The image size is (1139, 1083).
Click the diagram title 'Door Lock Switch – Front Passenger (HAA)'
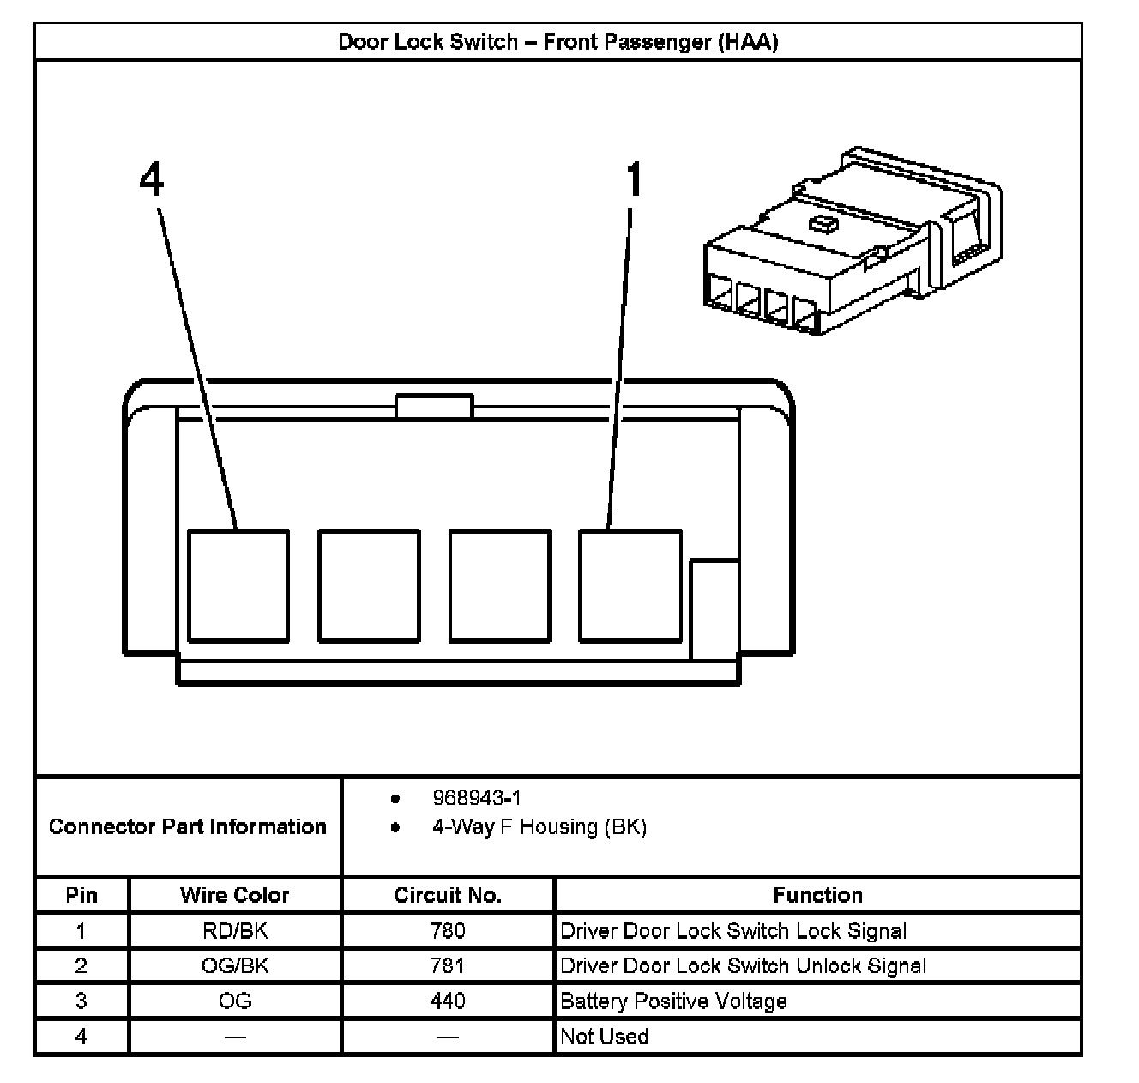pyautogui.click(x=557, y=42)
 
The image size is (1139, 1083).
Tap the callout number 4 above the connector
pyautogui.click(x=152, y=181)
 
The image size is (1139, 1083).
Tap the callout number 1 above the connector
pyautogui.click(x=634, y=181)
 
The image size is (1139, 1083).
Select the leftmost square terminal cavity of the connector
pyautogui.click(x=238, y=585)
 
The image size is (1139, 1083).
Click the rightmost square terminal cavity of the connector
pyautogui.click(x=630, y=585)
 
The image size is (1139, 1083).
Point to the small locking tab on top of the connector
pyautogui.click(x=434, y=406)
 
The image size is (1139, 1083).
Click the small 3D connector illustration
pyautogui.click(x=851, y=245)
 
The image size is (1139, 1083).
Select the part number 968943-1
pyautogui.click(x=476, y=798)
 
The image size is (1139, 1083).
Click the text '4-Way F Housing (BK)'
pyautogui.click(x=539, y=827)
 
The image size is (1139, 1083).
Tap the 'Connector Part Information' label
pyautogui.click(x=188, y=826)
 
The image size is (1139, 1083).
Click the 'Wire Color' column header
pyautogui.click(x=235, y=895)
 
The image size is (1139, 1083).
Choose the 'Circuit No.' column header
pyautogui.click(x=448, y=895)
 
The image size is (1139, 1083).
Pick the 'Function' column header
pyautogui.click(x=817, y=895)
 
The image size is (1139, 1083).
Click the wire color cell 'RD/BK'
pyautogui.click(x=235, y=930)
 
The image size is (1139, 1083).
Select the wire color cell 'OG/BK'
pyautogui.click(x=235, y=965)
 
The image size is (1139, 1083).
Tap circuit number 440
pyautogui.click(x=448, y=1001)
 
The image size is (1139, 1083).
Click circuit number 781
pyautogui.click(x=448, y=965)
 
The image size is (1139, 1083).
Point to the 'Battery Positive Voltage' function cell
pyautogui.click(x=673, y=1001)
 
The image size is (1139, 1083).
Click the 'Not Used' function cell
pyautogui.click(x=604, y=1036)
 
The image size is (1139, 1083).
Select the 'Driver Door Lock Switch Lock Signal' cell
pyautogui.click(x=733, y=930)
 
